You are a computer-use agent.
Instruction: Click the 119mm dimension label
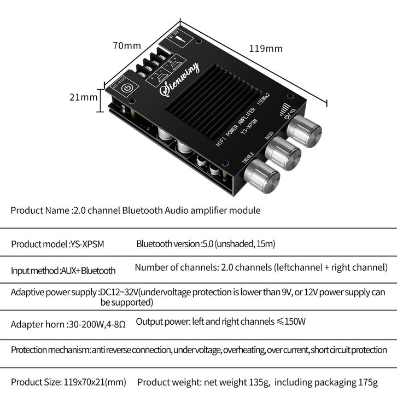[x=266, y=49]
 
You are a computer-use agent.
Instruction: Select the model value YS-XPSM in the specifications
[x=87, y=244]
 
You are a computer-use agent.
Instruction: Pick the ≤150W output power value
[x=291, y=322]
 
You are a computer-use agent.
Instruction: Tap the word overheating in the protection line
[x=238, y=350]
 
